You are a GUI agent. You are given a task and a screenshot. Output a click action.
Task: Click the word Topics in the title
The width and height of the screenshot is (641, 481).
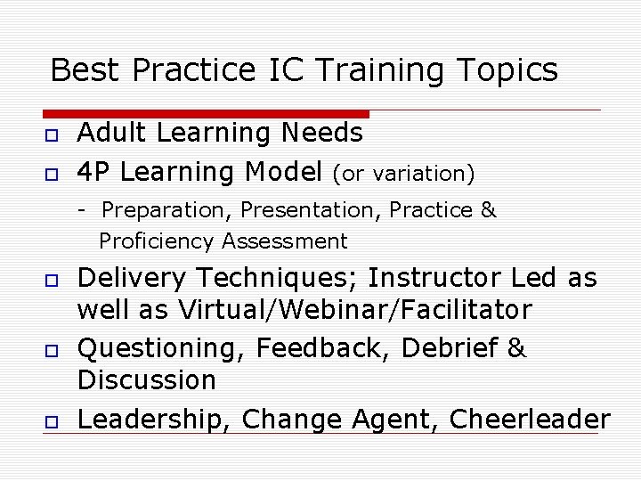[507, 69]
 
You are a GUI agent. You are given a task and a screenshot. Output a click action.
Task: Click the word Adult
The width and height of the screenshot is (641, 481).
[110, 133]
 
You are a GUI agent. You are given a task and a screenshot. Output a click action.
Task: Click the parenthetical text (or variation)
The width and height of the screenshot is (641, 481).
[403, 173]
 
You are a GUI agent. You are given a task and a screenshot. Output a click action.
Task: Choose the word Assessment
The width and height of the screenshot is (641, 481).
[285, 241]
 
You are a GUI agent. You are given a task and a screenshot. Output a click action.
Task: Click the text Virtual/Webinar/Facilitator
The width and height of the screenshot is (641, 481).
[355, 310]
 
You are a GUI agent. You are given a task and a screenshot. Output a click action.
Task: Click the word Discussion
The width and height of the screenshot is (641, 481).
[147, 380]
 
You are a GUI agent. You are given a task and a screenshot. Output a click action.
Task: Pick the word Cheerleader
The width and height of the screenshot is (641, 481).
[530, 418]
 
